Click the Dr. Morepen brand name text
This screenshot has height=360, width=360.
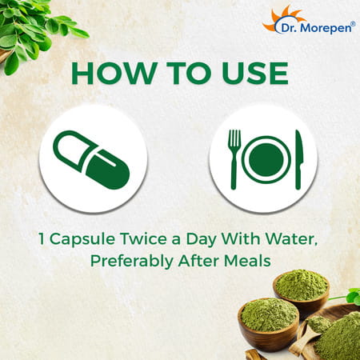(316, 28)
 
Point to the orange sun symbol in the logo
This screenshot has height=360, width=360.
(282, 18)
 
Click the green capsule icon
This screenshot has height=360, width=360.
(91, 160)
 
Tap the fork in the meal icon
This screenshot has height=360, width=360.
(234, 159)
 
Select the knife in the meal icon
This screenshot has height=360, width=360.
(299, 160)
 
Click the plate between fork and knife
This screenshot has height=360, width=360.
(266, 159)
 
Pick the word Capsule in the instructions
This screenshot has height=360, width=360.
(82, 239)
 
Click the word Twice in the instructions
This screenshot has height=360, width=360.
(143, 238)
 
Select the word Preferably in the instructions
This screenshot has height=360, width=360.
(132, 262)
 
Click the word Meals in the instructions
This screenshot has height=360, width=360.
(247, 261)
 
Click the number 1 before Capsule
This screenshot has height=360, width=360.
(42, 238)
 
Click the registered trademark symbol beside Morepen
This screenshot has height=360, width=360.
(353, 23)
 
